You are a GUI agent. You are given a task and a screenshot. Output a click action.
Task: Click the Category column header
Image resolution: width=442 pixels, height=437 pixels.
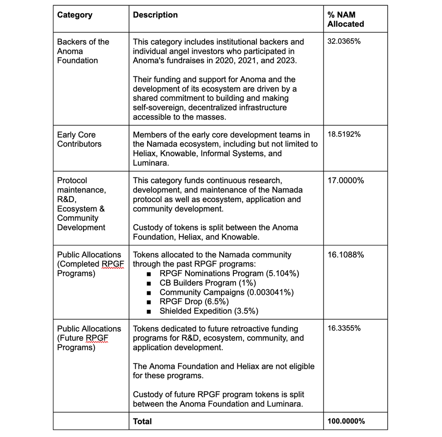click(x=75, y=15)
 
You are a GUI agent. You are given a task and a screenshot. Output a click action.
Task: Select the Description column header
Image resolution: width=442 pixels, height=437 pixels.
click(x=155, y=15)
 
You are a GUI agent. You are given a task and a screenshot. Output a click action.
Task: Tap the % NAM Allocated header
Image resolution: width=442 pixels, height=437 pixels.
click(x=346, y=19)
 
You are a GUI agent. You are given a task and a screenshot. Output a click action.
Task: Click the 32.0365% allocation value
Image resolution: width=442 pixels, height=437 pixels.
click(x=344, y=42)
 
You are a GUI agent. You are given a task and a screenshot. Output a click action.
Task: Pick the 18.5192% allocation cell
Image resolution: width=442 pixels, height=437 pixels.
click(x=344, y=135)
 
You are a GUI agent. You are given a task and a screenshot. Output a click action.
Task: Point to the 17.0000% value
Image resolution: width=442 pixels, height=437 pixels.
click(x=346, y=181)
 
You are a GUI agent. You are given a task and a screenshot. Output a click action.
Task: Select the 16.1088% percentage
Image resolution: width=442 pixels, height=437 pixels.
click(x=346, y=255)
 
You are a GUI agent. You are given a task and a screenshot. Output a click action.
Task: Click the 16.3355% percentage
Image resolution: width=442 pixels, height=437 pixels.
click(x=344, y=329)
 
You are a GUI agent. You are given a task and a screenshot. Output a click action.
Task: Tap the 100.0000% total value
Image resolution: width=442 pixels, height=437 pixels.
click(x=346, y=421)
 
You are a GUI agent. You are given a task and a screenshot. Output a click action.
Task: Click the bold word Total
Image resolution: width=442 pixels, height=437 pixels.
click(x=142, y=422)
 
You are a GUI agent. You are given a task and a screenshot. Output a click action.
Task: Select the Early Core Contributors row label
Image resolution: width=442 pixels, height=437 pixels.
click(x=79, y=139)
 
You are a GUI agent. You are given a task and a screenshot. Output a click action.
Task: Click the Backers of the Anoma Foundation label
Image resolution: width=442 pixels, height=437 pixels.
click(x=83, y=51)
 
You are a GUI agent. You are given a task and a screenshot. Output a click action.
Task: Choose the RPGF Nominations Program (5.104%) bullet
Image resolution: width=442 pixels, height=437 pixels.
click(x=229, y=274)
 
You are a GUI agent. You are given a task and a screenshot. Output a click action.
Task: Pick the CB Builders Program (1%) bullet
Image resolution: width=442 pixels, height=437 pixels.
click(x=207, y=283)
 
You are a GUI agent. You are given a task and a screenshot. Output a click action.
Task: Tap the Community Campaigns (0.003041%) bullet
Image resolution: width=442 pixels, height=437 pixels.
click(x=226, y=292)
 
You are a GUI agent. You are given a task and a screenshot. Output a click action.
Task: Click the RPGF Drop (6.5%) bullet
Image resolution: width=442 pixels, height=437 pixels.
click(x=194, y=301)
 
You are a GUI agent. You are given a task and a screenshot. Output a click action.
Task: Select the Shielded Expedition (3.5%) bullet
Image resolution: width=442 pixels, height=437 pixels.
click(x=209, y=311)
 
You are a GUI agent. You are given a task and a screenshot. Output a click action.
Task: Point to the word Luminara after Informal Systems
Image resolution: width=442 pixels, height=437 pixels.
click(x=150, y=163)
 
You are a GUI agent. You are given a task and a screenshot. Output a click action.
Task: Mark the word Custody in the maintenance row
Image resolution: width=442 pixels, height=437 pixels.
click(x=147, y=228)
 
